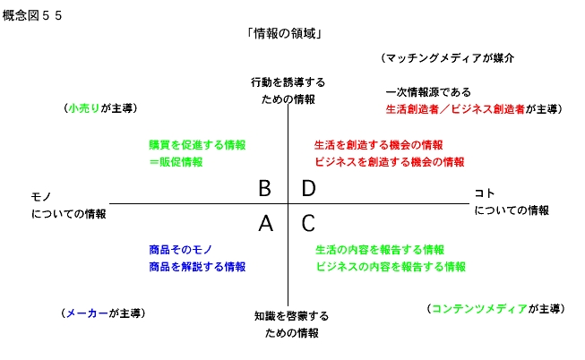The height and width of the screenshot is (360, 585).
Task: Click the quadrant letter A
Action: tap(266, 223)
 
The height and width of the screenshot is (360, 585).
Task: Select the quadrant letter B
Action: tap(264, 188)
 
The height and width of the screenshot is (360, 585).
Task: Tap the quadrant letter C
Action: tap(308, 223)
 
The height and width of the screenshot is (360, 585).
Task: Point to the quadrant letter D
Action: tap(308, 188)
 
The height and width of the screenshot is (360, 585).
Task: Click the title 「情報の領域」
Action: tap(284, 33)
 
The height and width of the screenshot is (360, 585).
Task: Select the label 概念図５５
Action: tap(32, 15)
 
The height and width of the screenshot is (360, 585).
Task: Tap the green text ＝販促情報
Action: tap(176, 162)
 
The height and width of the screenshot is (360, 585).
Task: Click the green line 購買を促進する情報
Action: tap(197, 145)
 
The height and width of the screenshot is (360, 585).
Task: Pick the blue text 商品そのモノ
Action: tap(181, 250)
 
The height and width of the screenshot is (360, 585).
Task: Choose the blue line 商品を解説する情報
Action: tap(197, 267)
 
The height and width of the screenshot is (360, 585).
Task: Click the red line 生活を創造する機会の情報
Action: tap(379, 145)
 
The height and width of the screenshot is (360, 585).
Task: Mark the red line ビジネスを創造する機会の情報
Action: tap(390, 162)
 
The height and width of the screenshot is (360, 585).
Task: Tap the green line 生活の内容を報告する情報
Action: tap(380, 250)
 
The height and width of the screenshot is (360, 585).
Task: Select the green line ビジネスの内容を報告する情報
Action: tap(391, 267)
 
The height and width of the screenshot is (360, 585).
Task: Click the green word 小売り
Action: tap(84, 108)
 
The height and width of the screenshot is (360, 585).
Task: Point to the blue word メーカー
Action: tap(87, 313)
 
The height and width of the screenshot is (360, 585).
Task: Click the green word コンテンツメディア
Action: tap(479, 309)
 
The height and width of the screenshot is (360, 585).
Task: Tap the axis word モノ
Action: tap(41, 197)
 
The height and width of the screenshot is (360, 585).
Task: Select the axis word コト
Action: tap(485, 193)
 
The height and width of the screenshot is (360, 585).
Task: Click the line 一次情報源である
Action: tap(428, 91)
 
